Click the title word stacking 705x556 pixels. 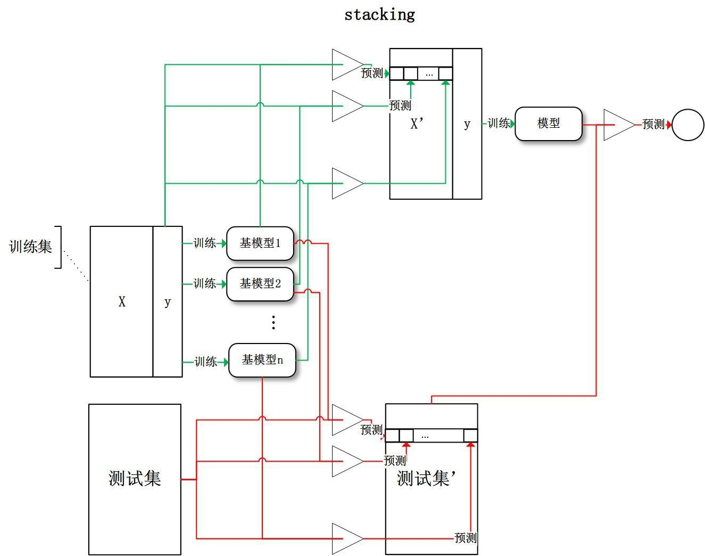tap(379, 14)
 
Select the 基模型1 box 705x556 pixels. tap(260, 243)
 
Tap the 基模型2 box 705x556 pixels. tap(260, 284)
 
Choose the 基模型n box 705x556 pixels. tap(262, 361)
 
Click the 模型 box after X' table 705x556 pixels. tap(549, 124)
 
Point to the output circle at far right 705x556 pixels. tap(688, 125)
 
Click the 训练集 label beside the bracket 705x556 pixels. tap(30, 247)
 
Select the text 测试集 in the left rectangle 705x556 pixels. tap(135, 478)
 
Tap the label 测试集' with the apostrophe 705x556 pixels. tap(426, 478)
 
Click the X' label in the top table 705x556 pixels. tap(417, 124)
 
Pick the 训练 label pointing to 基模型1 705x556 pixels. tap(205, 243)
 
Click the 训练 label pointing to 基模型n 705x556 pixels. tap(206, 362)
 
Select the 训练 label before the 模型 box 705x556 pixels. tap(499, 124)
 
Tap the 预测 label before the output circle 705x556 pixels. tap(653, 125)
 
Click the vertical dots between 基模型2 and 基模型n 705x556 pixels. tap(273, 322)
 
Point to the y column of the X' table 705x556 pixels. tap(467, 124)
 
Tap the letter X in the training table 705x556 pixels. tap(122, 302)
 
